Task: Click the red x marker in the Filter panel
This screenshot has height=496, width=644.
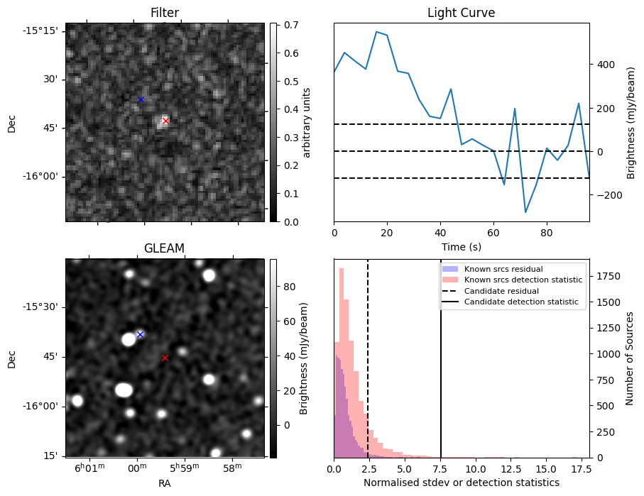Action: tap(165, 121)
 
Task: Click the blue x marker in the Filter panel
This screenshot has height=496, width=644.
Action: tap(141, 99)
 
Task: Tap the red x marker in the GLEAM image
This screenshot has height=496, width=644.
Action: tap(165, 358)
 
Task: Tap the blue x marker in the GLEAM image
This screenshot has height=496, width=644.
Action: tap(140, 334)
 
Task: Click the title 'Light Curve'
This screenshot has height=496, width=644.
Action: tap(461, 13)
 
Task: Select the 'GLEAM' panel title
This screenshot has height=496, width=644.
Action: tap(164, 248)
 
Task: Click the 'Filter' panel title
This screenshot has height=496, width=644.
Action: tap(165, 13)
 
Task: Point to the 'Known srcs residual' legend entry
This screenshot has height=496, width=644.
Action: tap(503, 270)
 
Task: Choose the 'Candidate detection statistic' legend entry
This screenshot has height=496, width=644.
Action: tap(520, 302)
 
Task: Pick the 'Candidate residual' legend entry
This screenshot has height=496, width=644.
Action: tap(501, 292)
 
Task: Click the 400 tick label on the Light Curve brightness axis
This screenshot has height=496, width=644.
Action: tap(605, 65)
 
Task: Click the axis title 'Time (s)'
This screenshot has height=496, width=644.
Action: tap(461, 246)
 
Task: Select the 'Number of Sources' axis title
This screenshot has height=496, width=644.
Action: tap(630, 358)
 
